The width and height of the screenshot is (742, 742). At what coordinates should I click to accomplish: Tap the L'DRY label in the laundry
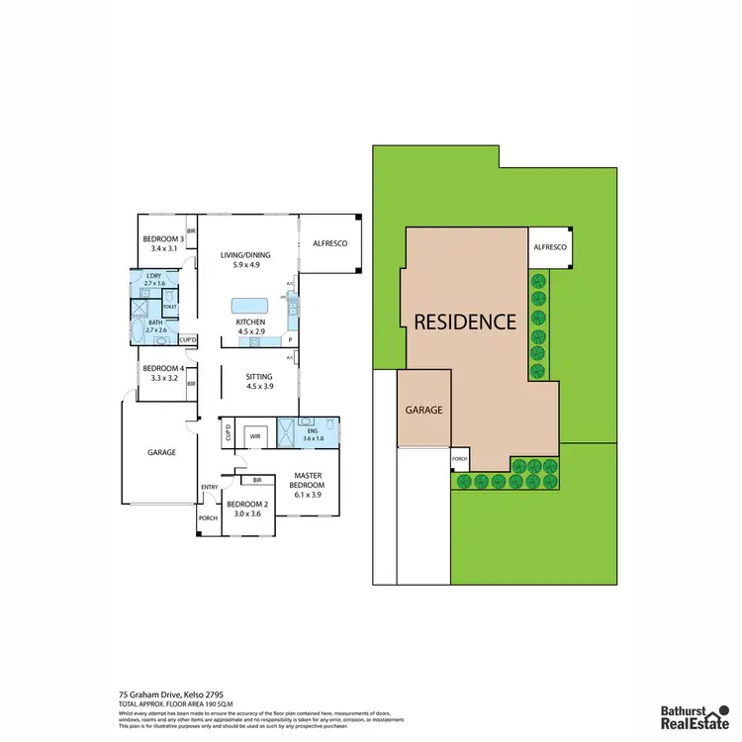tap(153, 279)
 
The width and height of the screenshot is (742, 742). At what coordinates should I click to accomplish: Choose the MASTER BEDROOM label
tap(307, 480)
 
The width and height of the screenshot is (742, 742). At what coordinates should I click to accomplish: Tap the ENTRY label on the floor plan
tap(210, 487)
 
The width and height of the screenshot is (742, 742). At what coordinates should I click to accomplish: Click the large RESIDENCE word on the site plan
tap(465, 322)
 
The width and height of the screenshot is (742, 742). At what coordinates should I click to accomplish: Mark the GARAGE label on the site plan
tap(424, 410)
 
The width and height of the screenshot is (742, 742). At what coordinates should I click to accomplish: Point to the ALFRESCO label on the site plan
tap(550, 247)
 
